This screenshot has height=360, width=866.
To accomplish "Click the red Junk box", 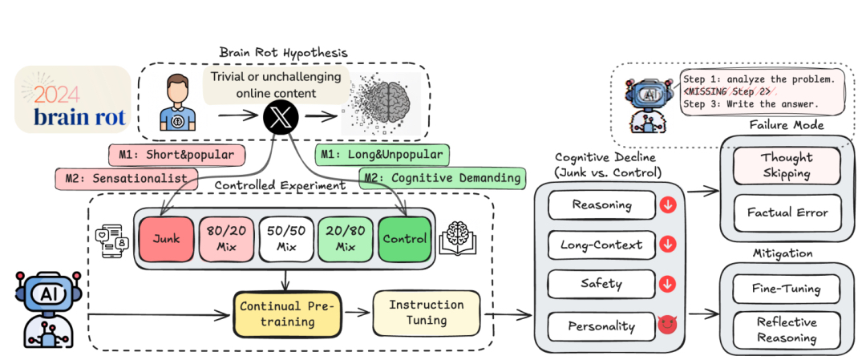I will (x=165, y=237).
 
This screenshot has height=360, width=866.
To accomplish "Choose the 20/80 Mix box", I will (x=347, y=237).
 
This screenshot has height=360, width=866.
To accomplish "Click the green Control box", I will (x=405, y=237).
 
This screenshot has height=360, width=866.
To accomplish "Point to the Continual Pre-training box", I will (x=286, y=313).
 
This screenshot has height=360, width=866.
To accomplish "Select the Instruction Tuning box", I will (x=425, y=313).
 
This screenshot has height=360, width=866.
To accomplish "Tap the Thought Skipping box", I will (x=787, y=164).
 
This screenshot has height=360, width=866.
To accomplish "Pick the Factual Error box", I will (x=787, y=212).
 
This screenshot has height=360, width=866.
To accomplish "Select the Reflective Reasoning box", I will (x=787, y=330).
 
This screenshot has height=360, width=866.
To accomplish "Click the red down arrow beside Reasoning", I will (x=667, y=205).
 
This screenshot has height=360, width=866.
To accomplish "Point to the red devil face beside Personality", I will (x=667, y=326).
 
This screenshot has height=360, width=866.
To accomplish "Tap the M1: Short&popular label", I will (x=176, y=154).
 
